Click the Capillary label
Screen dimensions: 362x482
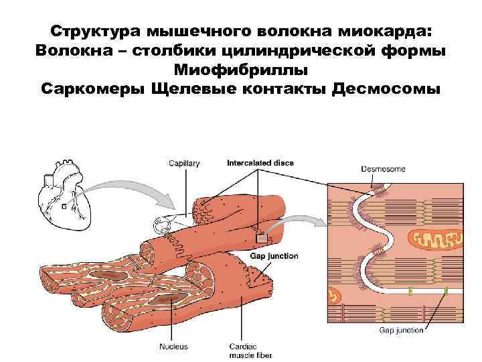pos(184,164)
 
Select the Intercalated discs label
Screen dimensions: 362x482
pos(260,163)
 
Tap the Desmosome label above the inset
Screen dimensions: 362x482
pos(383,169)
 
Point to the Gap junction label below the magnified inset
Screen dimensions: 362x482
pos(402,330)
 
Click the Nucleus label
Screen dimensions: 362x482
pos(173,347)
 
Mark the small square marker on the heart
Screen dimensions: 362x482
pos(64,207)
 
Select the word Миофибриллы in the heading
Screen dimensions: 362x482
pos(240,70)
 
